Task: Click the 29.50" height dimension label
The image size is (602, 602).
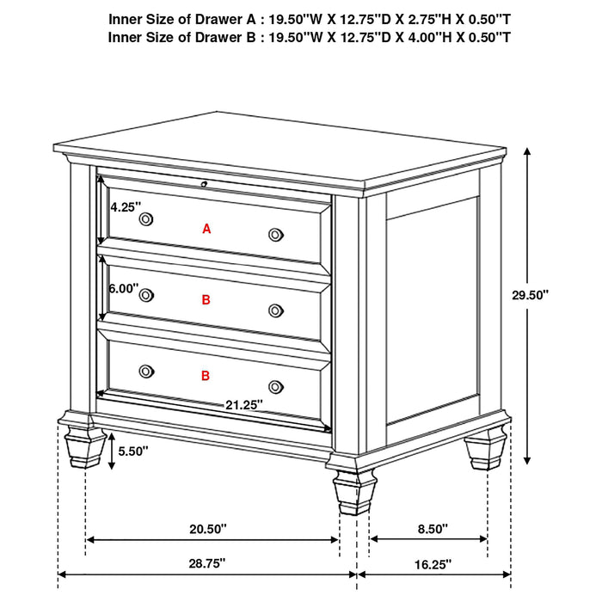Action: tap(530, 295)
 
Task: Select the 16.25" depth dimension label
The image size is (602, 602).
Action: tap(432, 565)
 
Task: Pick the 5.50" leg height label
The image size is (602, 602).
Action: tap(134, 451)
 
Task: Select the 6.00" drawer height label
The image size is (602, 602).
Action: tap(123, 289)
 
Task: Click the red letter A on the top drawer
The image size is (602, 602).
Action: tap(206, 229)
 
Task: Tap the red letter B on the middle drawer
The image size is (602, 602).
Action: tap(206, 300)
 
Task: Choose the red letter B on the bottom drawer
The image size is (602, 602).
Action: tap(206, 376)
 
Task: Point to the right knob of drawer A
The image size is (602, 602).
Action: tap(275, 234)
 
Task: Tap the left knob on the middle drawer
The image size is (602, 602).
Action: tap(145, 295)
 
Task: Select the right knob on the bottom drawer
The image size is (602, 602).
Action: tap(275, 386)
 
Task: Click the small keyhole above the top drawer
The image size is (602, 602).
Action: tap(204, 183)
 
